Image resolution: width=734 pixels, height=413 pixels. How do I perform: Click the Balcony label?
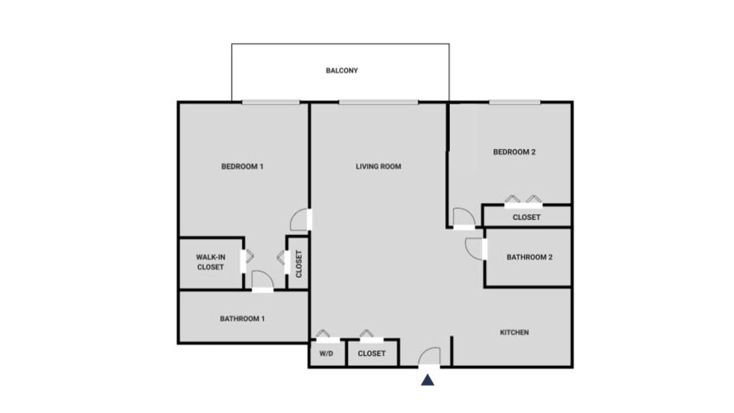341,71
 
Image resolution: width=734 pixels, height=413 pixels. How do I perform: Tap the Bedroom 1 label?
242,167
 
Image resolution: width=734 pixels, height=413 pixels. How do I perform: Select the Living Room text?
379,167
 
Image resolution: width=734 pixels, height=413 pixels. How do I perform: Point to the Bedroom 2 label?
514,152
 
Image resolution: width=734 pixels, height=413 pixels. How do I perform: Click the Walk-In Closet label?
211,262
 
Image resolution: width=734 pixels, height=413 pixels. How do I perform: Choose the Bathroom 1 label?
242,319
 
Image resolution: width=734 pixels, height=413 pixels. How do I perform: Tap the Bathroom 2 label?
530,257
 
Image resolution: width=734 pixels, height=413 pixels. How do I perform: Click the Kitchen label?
514,332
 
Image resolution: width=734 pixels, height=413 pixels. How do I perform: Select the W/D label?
326,354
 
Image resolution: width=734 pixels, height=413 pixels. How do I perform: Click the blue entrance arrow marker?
428,380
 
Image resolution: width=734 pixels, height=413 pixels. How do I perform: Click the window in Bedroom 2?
514,102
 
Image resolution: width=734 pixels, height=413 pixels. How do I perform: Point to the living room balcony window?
379,102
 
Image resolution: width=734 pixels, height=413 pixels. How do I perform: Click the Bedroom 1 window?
270,102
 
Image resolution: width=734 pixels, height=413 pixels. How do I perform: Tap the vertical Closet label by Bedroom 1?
299,264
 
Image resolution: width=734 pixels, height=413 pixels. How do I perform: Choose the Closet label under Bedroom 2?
526,217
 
